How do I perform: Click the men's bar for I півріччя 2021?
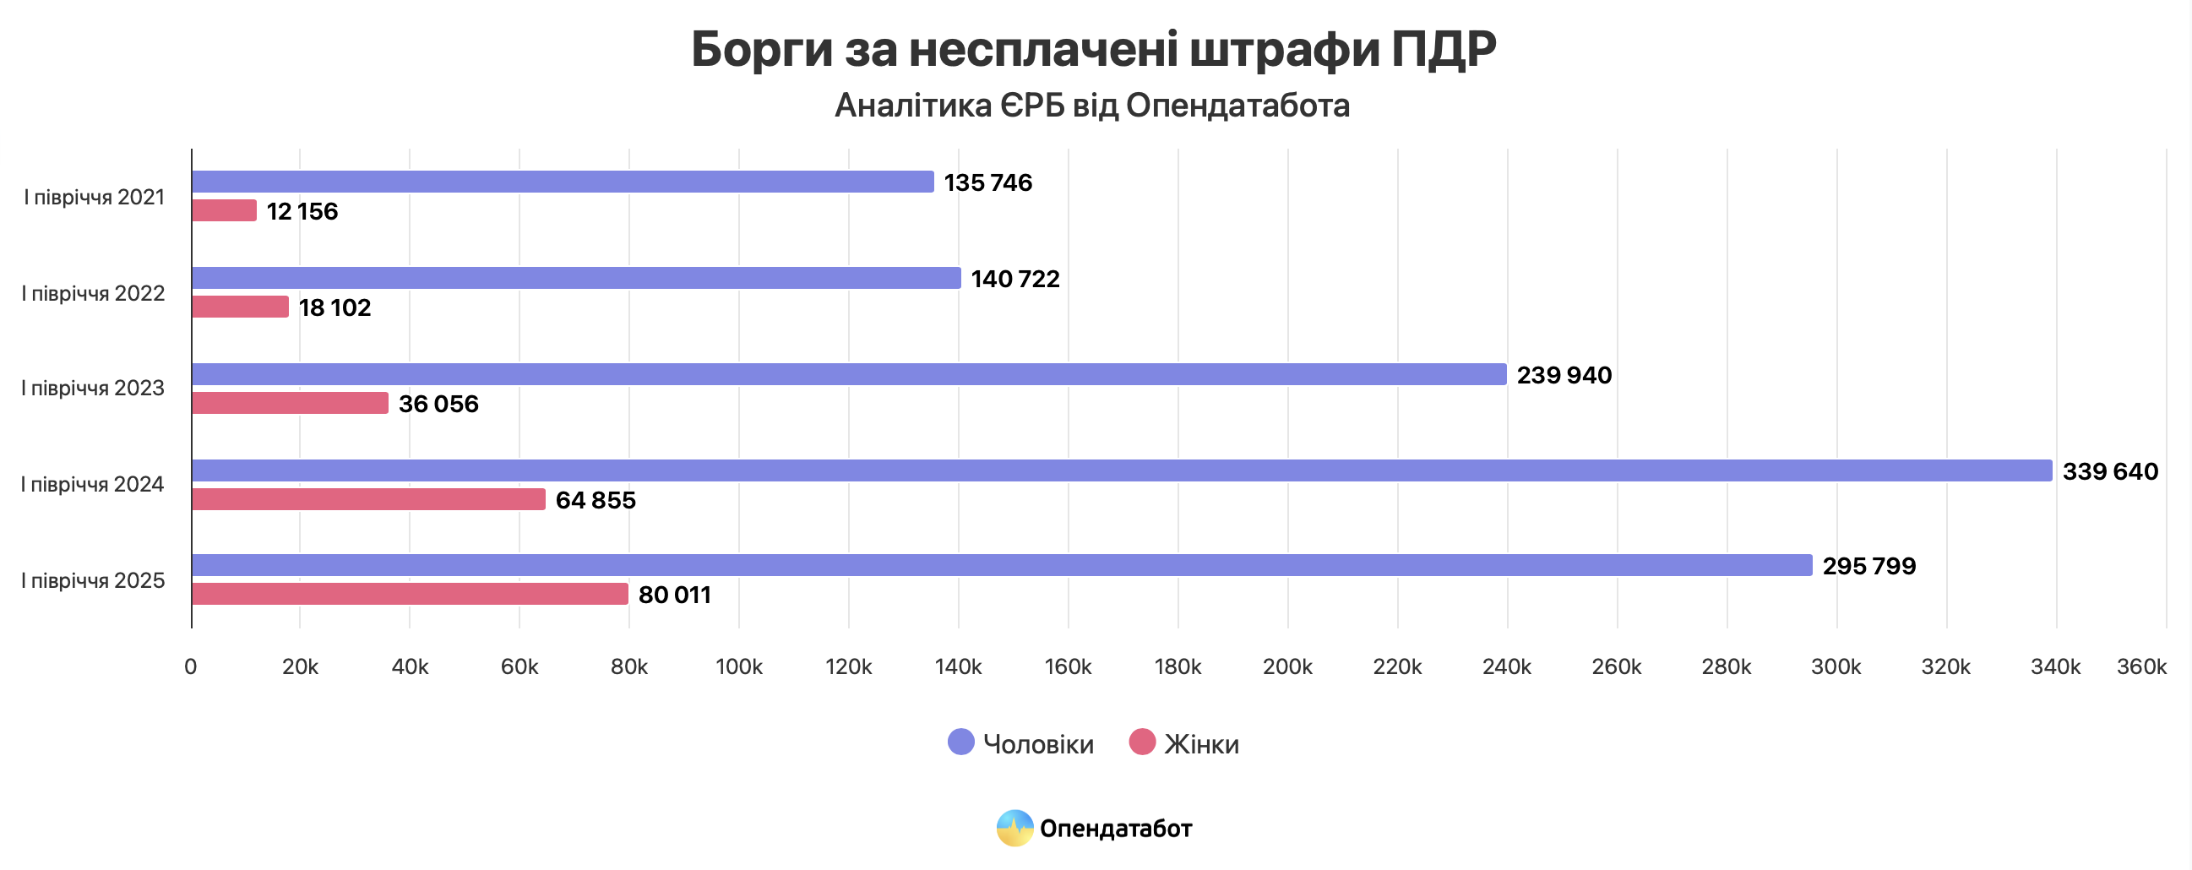tap(562, 182)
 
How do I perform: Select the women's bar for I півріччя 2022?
tap(240, 307)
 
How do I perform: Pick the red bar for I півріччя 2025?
tap(410, 593)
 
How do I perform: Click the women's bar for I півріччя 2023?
tap(290, 403)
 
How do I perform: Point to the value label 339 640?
tap(2109, 470)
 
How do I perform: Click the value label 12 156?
tap(302, 211)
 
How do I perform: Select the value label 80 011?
tap(674, 594)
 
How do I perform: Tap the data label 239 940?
tap(1564, 374)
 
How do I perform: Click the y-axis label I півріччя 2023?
tap(93, 389)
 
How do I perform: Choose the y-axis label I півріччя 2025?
tap(93, 580)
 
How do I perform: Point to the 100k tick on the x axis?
tap(738, 666)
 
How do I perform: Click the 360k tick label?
tap(2141, 666)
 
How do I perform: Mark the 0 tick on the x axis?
tap(191, 666)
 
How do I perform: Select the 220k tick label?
tap(1396, 666)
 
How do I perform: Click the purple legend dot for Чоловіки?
tap(960, 742)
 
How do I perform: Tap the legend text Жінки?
tap(1200, 744)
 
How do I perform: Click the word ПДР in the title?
tap(1444, 48)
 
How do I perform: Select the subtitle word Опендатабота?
tap(1237, 106)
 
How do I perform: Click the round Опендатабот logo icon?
tap(1014, 828)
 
